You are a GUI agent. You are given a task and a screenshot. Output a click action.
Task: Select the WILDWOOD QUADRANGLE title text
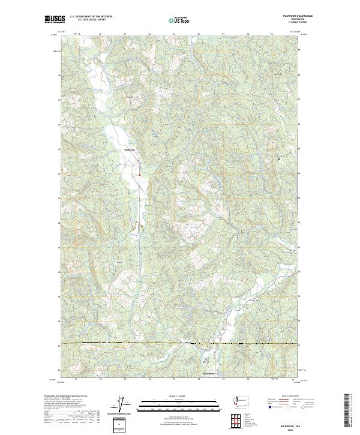click(290, 16)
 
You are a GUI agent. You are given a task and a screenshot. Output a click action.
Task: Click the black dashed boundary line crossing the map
click(180, 343)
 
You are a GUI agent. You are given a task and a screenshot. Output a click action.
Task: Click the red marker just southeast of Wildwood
click(140, 175)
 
